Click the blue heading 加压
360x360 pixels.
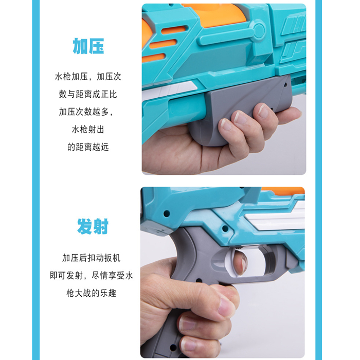click(88, 46)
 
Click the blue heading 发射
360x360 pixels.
click(93, 226)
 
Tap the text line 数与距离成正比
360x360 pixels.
click(88, 94)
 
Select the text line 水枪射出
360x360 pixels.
click(88, 130)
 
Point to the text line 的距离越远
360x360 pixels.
click(88, 147)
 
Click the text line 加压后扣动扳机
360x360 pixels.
click(91, 258)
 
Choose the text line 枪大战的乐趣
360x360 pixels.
click(91, 293)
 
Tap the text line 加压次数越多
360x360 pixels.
click(86, 112)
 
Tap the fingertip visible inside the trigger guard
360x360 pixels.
click(240, 262)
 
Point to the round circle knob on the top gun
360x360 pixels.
click(259, 30)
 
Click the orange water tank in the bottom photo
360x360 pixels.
click(283, 191)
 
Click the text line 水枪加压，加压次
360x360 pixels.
click(88, 77)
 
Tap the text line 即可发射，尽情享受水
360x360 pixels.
click(91, 275)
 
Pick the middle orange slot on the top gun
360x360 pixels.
click(163, 44)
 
